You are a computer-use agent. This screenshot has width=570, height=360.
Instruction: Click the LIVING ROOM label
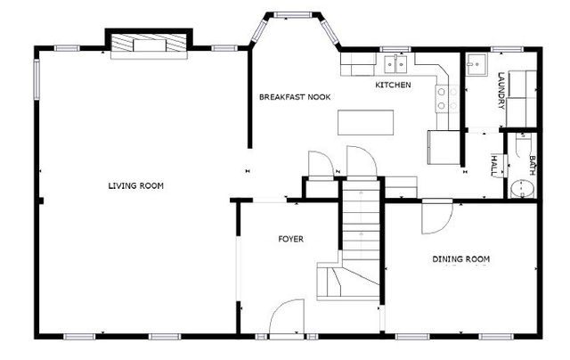tap(136, 185)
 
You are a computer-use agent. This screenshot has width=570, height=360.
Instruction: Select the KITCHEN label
tap(393, 86)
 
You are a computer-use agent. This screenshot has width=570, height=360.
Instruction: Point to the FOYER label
tap(291, 239)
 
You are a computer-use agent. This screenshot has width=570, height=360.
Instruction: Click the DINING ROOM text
tap(461, 259)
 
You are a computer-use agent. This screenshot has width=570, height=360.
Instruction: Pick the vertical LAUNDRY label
tap(501, 90)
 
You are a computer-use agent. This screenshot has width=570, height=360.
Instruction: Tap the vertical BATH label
tap(532, 164)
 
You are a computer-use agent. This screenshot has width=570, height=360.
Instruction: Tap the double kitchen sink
tap(393, 63)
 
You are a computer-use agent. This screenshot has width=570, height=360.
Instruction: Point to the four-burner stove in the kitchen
tap(448, 99)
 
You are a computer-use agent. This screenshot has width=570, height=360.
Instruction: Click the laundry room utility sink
tap(476, 64)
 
